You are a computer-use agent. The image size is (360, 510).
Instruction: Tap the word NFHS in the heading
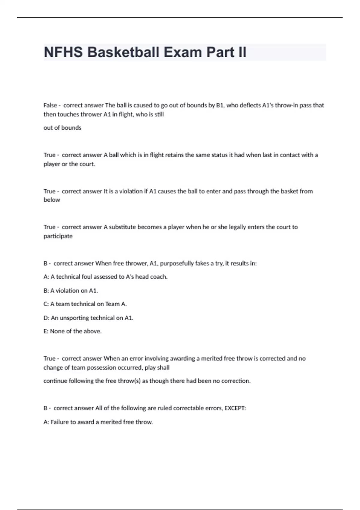point(63,52)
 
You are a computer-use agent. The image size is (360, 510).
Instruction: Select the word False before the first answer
point(50,105)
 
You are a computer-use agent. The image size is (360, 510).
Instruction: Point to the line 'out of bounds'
point(62,128)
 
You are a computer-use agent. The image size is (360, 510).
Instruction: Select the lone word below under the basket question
point(52,200)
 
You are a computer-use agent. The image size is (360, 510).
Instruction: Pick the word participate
point(58,236)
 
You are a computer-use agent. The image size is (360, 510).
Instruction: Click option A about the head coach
point(105,277)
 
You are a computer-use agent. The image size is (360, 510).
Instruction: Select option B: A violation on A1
point(71,291)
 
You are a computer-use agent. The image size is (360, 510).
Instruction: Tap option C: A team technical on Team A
point(85,304)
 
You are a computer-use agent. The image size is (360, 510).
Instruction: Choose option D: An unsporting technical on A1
point(88,318)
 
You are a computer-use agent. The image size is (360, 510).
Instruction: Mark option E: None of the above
point(73,331)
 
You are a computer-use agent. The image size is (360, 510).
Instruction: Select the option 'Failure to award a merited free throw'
point(98,422)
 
